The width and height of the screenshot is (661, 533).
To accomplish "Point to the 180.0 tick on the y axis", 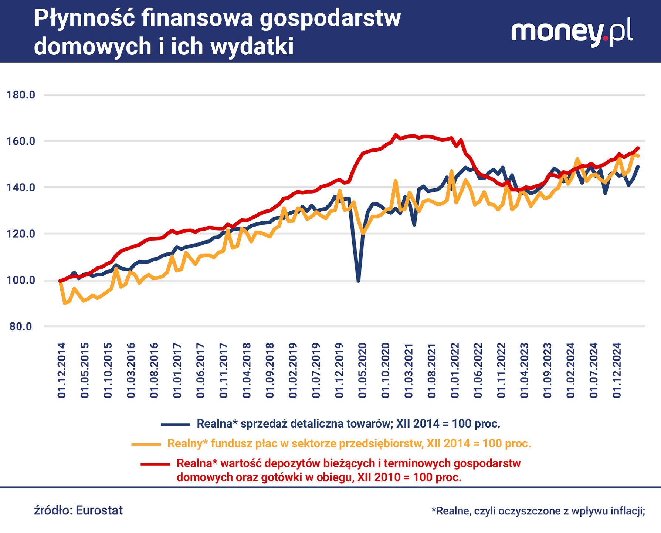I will click(x=21, y=95).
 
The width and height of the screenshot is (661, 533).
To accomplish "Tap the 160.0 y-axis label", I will click(x=21, y=141).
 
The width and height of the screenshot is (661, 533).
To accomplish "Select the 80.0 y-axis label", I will click(x=21, y=326).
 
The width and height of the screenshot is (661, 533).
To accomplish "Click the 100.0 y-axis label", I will click(x=21, y=280).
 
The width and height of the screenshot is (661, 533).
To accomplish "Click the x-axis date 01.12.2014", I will click(x=62, y=370).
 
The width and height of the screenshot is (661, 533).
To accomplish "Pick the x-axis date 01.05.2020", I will click(x=363, y=370).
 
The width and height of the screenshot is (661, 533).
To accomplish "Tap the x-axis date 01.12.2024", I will click(x=617, y=370).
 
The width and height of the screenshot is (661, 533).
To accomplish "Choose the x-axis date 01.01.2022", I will click(x=455, y=370).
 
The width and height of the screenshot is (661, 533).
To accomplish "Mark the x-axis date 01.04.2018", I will click(x=247, y=370).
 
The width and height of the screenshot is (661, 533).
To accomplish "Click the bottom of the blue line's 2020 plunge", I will click(x=358, y=281).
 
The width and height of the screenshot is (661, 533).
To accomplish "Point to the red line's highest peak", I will click(x=395, y=135).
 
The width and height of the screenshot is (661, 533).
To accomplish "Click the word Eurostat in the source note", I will click(x=99, y=510).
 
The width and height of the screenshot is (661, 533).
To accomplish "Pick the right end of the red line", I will click(x=638, y=148).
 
